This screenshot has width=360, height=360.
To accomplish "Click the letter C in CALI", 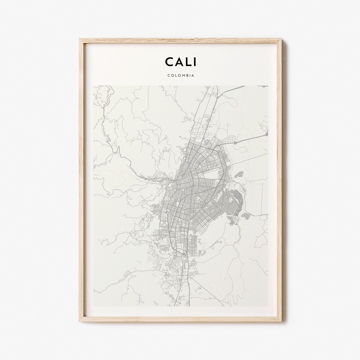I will point(169,62).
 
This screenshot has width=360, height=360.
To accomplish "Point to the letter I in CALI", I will point(195,62).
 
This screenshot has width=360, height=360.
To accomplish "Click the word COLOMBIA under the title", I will point(180,75).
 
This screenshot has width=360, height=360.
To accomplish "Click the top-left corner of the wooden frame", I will point(80,40).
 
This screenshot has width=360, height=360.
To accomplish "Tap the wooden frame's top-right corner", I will point(281,40).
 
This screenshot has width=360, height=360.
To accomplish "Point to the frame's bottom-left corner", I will point(80,321).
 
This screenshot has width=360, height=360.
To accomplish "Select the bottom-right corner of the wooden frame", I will point(281,321).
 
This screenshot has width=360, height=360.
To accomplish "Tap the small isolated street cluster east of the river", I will point(249,216).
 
